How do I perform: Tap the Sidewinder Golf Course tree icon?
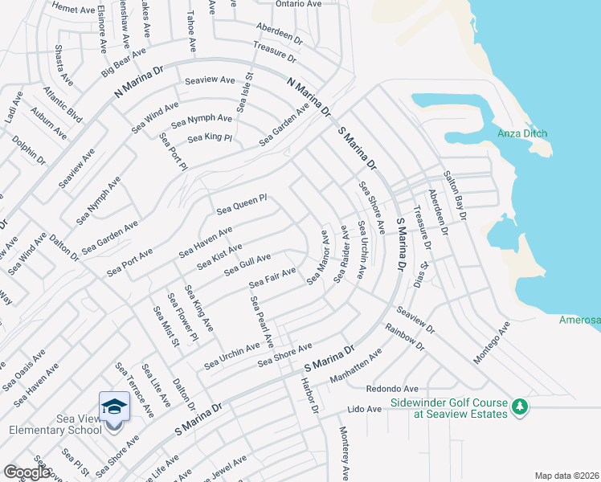[520, 408]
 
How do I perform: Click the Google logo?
[27, 472]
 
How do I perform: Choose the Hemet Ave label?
[73, 9]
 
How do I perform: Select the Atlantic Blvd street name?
[63, 104]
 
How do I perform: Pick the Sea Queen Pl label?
[242, 205]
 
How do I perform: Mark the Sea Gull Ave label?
[247, 264]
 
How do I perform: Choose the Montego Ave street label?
[492, 343]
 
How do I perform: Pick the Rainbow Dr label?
[404, 337]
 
